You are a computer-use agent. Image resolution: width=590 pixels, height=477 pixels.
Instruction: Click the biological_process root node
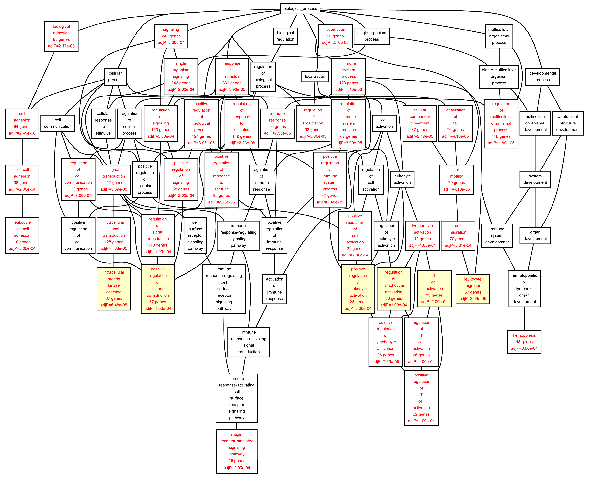(x=300, y=9)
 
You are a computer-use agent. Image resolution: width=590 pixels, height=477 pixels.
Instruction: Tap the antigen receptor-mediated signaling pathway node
(x=237, y=451)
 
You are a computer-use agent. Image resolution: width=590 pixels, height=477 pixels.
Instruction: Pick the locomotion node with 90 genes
(x=335, y=36)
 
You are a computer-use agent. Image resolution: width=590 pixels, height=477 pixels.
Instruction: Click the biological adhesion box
(x=61, y=36)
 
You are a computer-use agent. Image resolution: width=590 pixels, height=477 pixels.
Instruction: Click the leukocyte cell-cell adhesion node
(x=22, y=235)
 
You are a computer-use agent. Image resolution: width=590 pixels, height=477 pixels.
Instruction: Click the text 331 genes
(x=232, y=83)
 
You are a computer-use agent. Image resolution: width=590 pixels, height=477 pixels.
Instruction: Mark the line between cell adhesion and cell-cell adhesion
(x=22, y=152)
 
